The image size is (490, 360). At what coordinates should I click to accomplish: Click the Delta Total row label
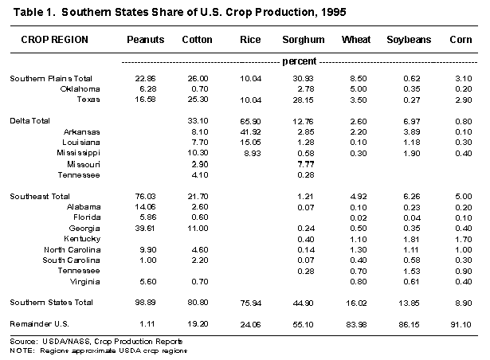[29, 119]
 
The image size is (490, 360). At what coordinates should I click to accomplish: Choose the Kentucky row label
[72, 237]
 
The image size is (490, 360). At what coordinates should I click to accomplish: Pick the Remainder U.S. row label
[37, 324]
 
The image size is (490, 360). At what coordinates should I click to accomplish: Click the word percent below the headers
[300, 60]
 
